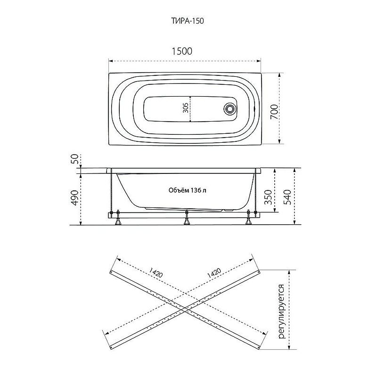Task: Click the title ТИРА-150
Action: coord(188,21)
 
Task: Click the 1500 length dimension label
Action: coord(182,51)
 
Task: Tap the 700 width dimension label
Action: coord(274,112)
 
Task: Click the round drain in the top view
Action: coord(229,108)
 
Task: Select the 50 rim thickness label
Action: coord(75,159)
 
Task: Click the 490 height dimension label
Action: coord(75,197)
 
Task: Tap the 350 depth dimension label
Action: coord(268,197)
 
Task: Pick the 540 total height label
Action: coord(287,197)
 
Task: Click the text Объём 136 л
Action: coord(187,190)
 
